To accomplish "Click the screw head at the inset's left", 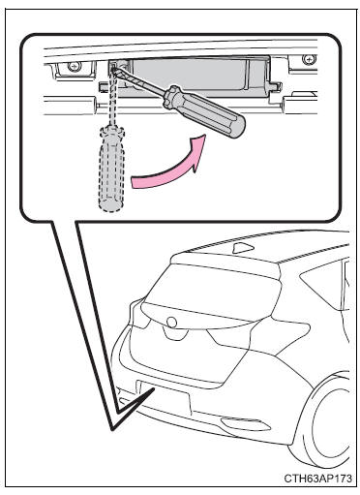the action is (73, 66).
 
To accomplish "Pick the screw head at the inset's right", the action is (309, 59).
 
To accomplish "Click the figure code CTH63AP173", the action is (318, 479).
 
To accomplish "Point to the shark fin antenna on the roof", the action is (243, 248).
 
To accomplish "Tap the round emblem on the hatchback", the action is (172, 322).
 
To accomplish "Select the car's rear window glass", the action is (211, 293).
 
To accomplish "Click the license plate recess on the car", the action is (164, 398).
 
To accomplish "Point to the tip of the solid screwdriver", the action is (113, 67).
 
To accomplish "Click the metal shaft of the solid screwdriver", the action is (139, 80).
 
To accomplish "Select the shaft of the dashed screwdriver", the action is (113, 99).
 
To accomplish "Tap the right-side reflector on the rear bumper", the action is (245, 423).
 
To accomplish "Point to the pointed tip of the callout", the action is (113, 429).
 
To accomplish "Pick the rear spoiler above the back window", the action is (225, 262).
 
